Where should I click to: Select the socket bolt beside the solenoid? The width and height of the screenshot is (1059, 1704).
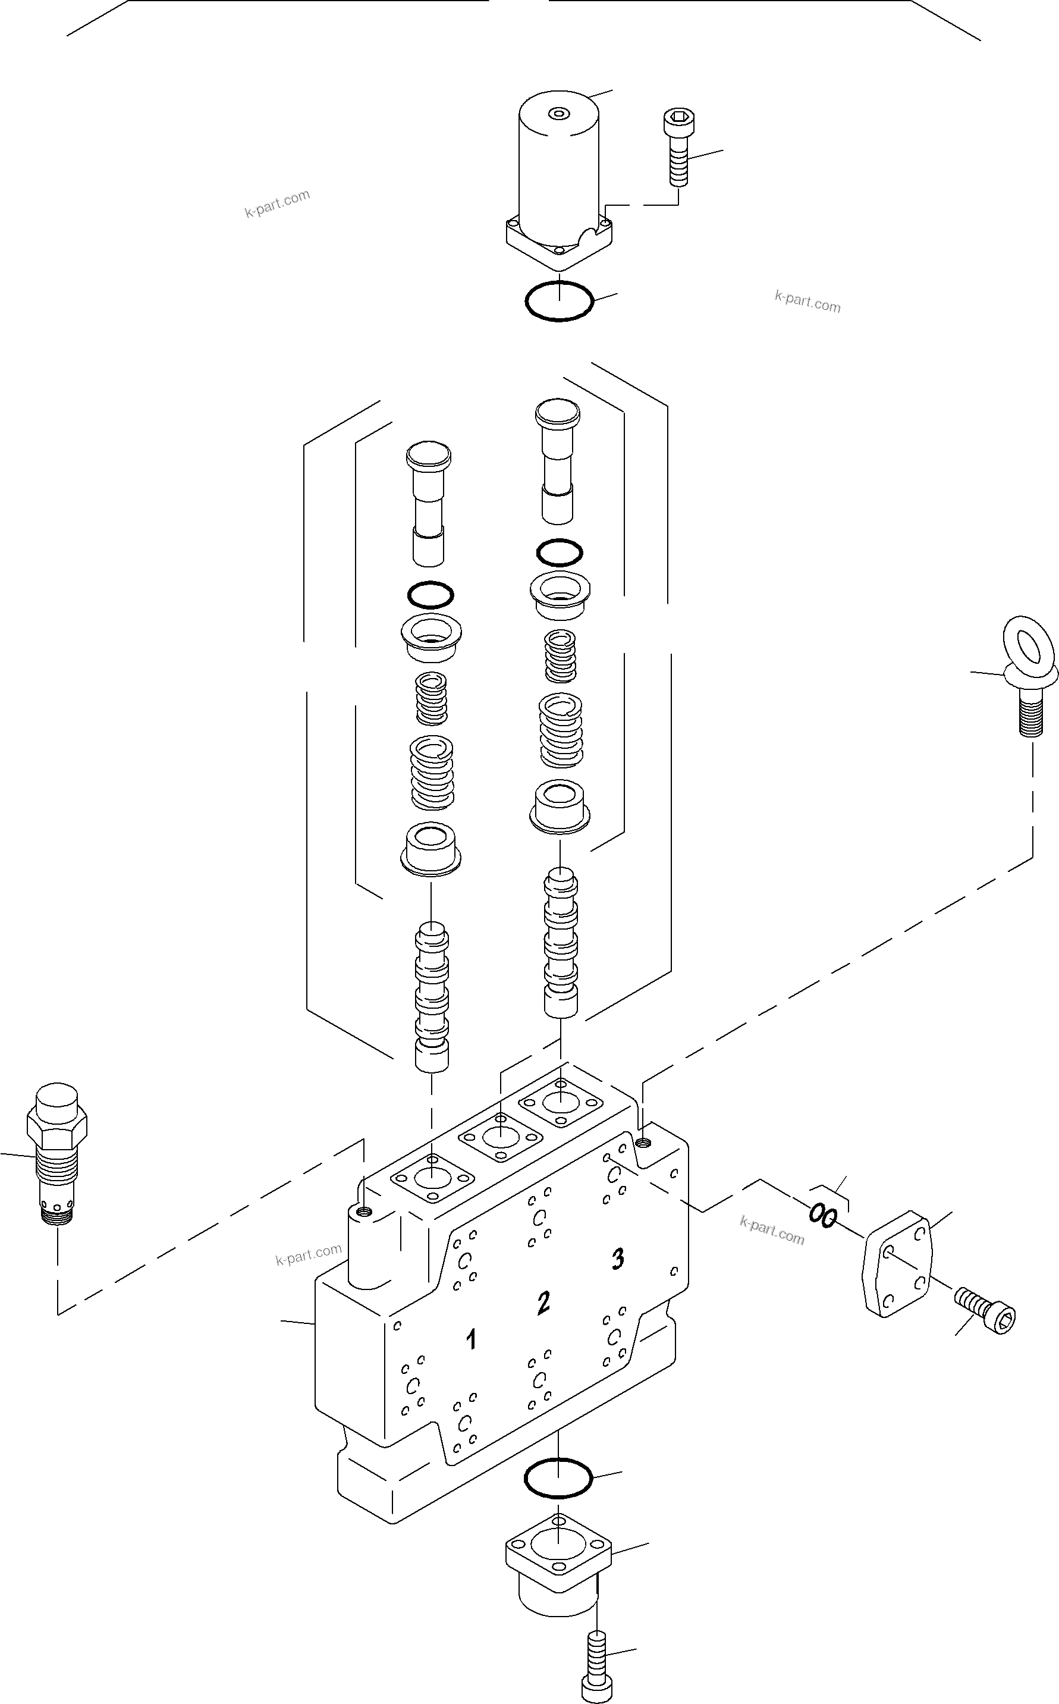point(677,147)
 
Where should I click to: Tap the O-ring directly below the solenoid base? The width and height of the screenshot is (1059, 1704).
point(559,301)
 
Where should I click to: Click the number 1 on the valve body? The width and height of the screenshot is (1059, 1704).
point(472,1340)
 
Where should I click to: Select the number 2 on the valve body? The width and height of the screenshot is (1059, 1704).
point(543,1303)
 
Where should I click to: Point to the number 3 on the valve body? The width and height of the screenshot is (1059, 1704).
point(617,1259)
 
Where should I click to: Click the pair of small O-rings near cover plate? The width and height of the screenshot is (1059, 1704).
point(822,1215)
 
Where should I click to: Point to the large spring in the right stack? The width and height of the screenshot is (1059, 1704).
point(560,730)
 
